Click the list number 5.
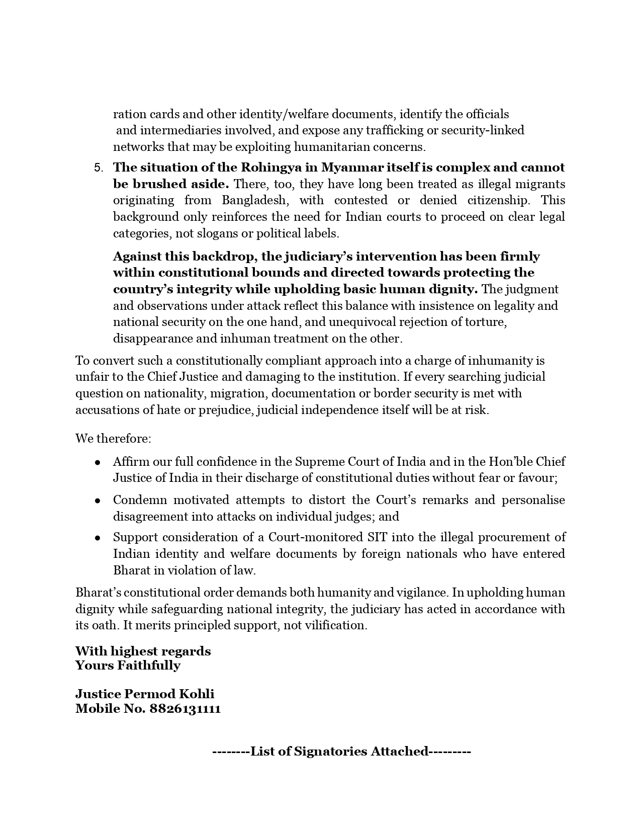98,168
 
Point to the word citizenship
498,200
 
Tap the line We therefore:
113,438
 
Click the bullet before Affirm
98,462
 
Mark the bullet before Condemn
98,501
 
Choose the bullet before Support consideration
98,538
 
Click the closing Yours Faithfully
128,666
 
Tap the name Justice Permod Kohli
145,694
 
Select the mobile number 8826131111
185,709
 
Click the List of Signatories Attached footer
341,752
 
